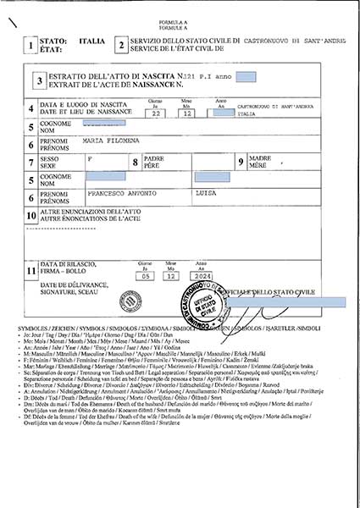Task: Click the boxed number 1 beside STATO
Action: point(30,45)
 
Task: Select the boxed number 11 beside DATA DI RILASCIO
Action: point(30,270)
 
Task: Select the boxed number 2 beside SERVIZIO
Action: point(121,45)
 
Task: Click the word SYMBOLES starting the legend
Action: point(32,327)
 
